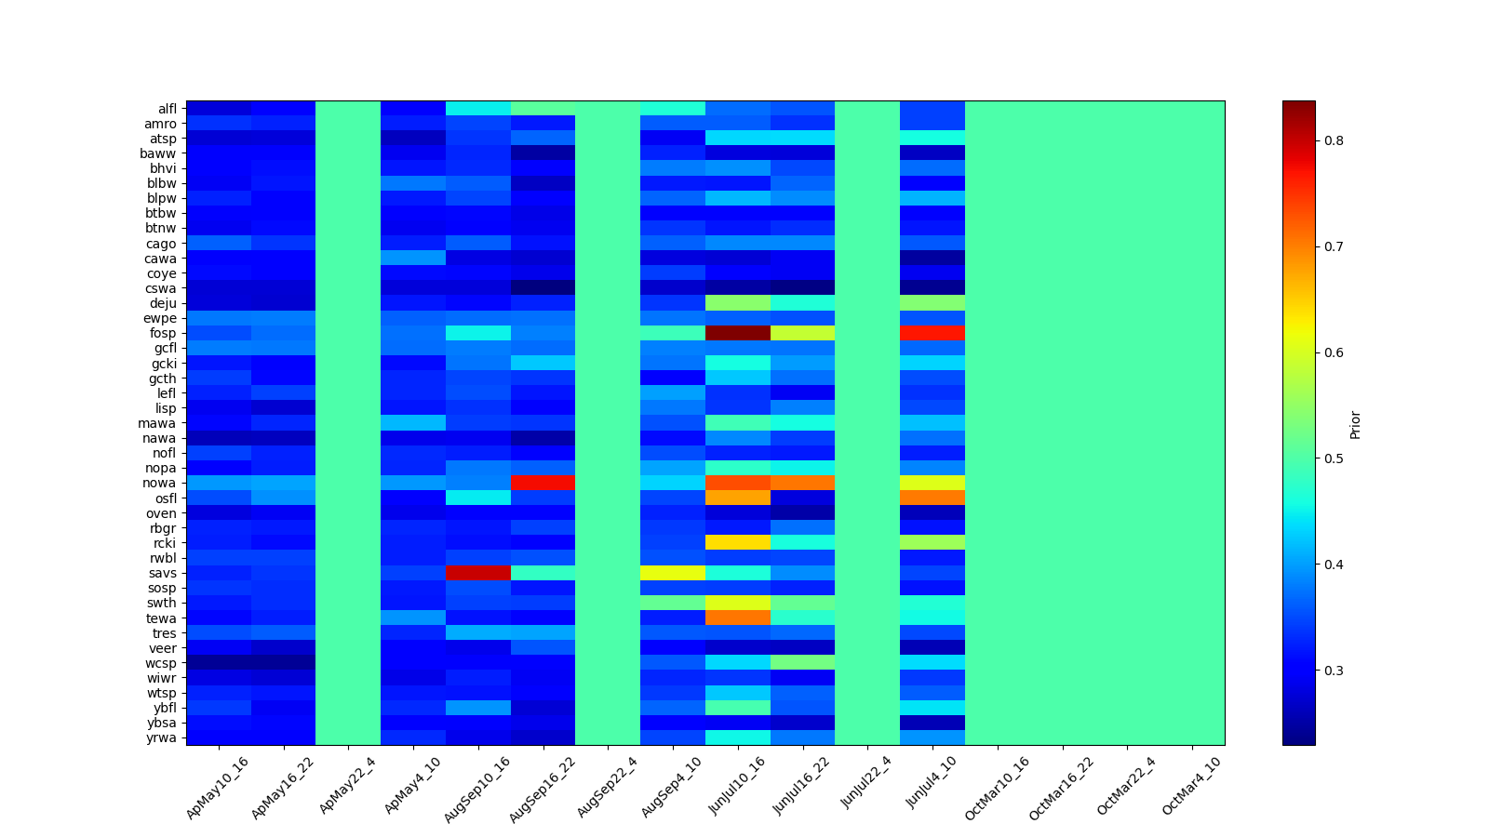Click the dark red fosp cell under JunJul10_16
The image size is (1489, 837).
[x=737, y=332]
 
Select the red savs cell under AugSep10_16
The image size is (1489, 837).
[x=478, y=572]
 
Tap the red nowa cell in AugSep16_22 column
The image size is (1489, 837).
[x=543, y=483]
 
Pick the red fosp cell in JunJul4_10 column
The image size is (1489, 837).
[x=932, y=332]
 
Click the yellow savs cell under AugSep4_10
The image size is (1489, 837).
[x=673, y=572]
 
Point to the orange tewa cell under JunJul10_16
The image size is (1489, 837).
[x=737, y=618]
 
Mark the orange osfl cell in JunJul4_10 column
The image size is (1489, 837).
[x=932, y=498]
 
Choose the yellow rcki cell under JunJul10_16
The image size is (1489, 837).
[x=737, y=542]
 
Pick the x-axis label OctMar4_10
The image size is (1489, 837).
[x=1192, y=787]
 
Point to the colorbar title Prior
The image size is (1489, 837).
[x=1355, y=424]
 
